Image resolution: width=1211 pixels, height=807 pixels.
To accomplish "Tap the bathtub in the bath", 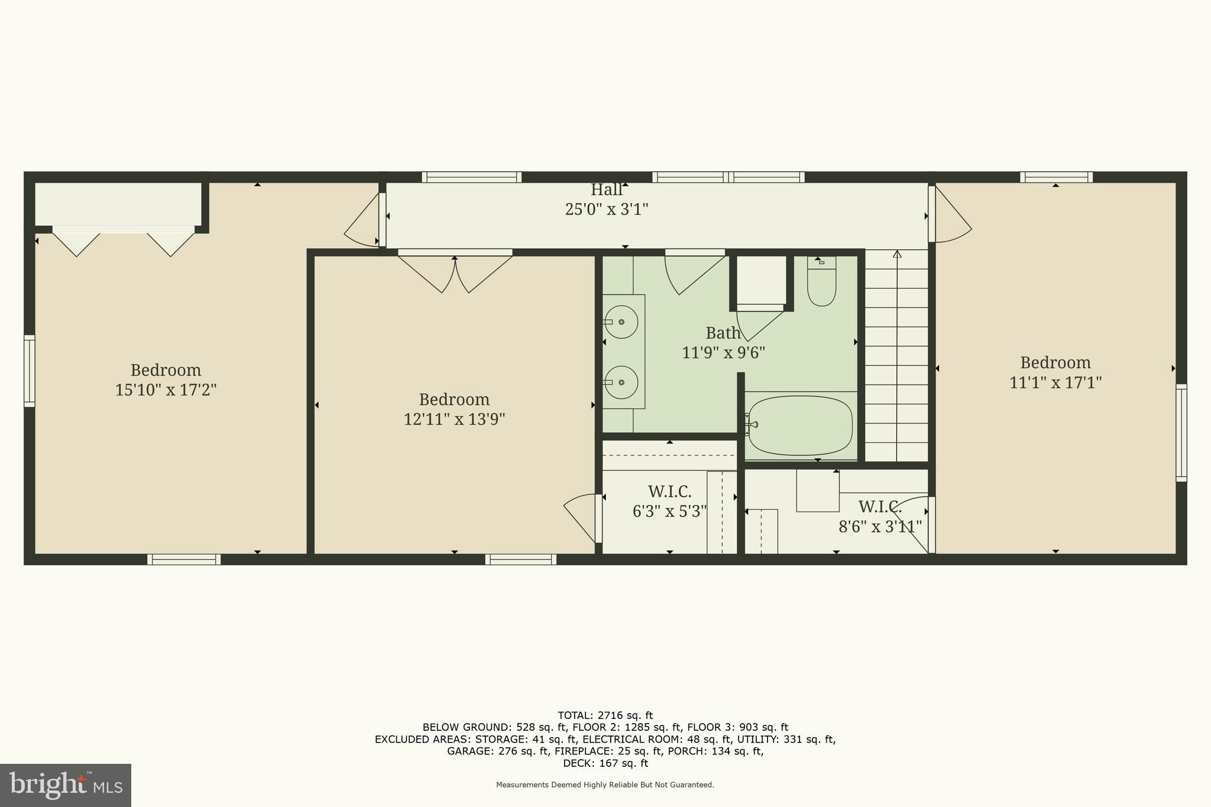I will pos(799,425).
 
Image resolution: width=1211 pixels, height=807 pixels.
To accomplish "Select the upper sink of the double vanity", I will pos(621,322).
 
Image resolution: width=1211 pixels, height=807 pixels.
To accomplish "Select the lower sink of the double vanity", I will pos(621,383).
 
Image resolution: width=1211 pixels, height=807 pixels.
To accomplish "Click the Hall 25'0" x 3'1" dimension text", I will pos(607,209).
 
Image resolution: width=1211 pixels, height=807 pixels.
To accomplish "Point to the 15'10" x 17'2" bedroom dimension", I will pos(166,390).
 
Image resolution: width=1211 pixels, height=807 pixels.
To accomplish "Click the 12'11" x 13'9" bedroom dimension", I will pos(454,419).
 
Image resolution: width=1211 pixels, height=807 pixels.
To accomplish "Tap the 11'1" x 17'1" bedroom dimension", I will pos(1055,383).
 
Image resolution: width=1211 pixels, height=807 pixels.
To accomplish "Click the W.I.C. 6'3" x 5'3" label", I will pos(669,501).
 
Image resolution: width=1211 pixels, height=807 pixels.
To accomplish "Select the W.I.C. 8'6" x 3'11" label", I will pos(880,517).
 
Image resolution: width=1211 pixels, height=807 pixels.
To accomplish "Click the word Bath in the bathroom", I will pos(723,333).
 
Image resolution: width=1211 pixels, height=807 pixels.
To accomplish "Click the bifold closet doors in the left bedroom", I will pos(124,242).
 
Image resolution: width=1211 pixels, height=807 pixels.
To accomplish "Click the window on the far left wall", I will pos(29,371).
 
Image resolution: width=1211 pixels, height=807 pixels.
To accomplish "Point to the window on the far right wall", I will pos(1181,432).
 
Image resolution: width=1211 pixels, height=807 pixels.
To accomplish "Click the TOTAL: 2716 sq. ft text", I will pos(605,715).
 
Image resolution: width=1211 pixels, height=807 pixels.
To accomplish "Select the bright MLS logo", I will pos(65,785).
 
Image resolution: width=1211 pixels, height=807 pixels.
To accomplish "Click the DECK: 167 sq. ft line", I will pos(605,763).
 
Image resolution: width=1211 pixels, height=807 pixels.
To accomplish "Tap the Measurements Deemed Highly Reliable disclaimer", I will pos(605,785).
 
